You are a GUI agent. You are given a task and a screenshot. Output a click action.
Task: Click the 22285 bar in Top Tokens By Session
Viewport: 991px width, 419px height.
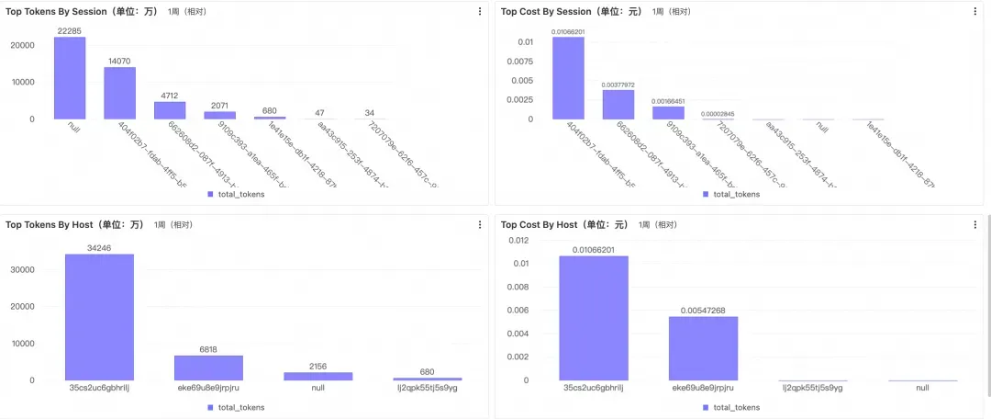click(x=70, y=78)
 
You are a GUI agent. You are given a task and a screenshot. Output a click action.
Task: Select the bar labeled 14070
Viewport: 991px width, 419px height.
click(x=119, y=93)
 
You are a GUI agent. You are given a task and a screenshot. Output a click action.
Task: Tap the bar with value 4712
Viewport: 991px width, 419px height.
click(x=170, y=109)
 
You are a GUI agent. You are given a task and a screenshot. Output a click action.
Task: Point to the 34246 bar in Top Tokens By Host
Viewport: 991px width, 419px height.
click(x=99, y=316)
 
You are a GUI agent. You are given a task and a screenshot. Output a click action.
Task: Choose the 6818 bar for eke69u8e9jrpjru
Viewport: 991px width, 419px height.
click(x=208, y=368)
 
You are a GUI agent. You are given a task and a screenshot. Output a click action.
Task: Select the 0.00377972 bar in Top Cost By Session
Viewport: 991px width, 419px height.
click(x=618, y=104)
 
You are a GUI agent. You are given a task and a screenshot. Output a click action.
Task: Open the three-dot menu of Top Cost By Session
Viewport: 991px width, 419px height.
click(x=975, y=11)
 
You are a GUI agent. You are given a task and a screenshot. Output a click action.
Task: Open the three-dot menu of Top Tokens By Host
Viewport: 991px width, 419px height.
click(x=479, y=224)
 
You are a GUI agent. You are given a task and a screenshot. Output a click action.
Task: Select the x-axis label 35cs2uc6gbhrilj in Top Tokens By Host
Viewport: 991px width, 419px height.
click(x=98, y=388)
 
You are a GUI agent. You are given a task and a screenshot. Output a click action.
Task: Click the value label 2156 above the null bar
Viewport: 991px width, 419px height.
click(x=317, y=365)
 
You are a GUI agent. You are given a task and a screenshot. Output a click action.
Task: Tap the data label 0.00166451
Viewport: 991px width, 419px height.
click(x=669, y=101)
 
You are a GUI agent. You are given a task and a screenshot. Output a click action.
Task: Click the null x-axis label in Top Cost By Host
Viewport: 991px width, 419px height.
click(x=922, y=388)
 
